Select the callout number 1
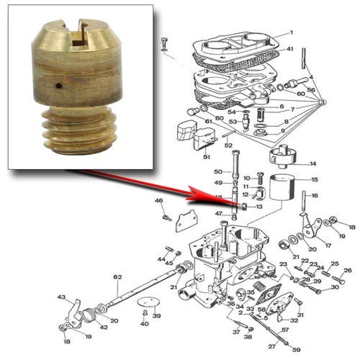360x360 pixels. pyautogui.click(x=292, y=33)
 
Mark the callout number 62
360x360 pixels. pyautogui.click(x=117, y=277)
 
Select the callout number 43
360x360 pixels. pyautogui.click(x=62, y=297)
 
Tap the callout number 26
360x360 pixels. pyautogui.click(x=348, y=271)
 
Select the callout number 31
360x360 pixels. pyautogui.click(x=300, y=315)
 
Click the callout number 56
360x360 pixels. pyautogui.click(x=312, y=89)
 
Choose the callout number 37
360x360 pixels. pyautogui.click(x=235, y=332)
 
